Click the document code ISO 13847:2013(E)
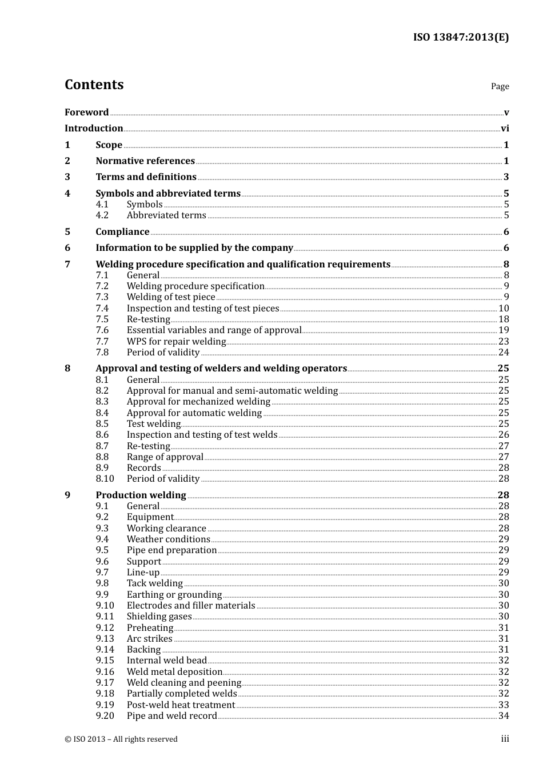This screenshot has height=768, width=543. coord(461,37)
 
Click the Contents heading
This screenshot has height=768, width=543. coord(94,85)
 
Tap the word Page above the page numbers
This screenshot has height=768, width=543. coord(500,86)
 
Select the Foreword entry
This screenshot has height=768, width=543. coord(86,113)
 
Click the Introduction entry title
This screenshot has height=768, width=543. coord(94,129)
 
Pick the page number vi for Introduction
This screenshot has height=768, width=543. coord(505,129)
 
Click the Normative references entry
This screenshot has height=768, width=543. coord(145,161)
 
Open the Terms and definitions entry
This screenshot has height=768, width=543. coord(146,177)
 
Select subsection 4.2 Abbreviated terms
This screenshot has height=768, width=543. coord(166,215)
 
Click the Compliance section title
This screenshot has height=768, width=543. coord(122,232)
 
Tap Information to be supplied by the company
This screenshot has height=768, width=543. coord(194,248)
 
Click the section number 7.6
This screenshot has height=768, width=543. coord(102,330)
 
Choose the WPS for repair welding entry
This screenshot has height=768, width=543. coord(176,342)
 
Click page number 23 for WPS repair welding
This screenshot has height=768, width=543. coord(504,342)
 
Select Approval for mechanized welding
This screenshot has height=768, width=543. coord(198,402)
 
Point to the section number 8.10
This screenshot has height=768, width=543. coord(105,479)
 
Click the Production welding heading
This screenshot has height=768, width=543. coord(141,495)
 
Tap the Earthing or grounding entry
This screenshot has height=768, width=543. coord(174,595)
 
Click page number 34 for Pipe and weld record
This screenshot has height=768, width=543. coord(504,716)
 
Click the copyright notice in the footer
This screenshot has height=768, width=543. coord(121,739)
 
